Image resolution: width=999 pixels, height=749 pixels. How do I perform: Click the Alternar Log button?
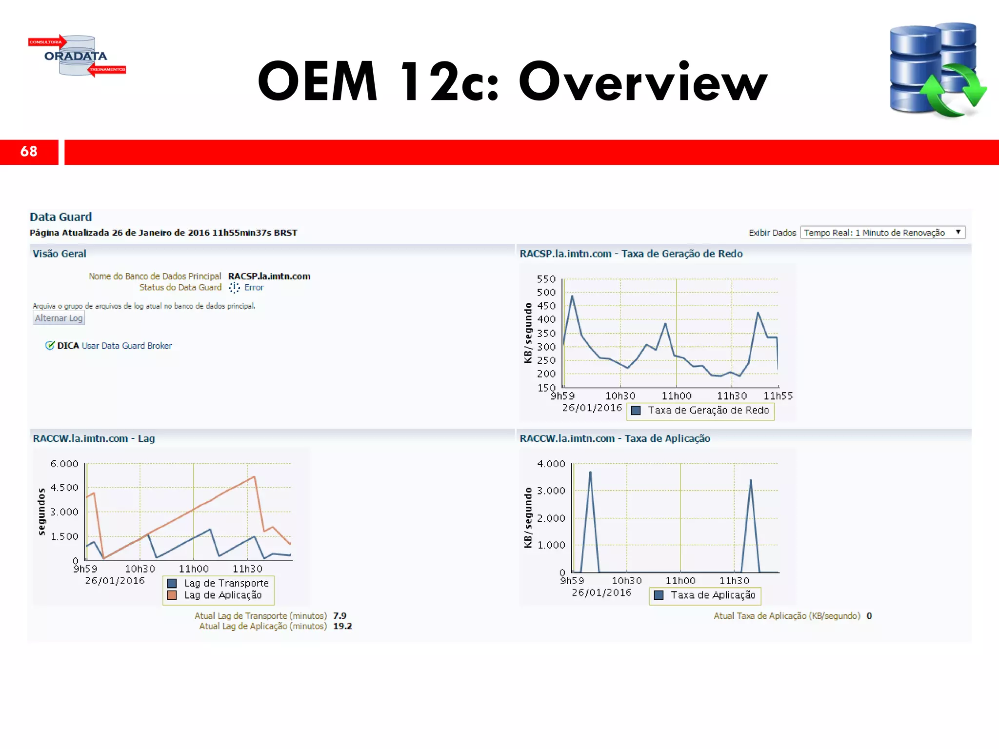pyautogui.click(x=59, y=318)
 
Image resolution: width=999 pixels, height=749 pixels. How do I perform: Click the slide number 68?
pyautogui.click(x=29, y=152)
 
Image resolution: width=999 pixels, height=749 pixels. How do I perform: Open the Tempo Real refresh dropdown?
pyautogui.click(x=882, y=233)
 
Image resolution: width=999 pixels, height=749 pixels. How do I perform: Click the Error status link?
pyautogui.click(x=254, y=288)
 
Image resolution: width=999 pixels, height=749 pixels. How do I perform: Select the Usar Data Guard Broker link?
pyautogui.click(x=127, y=346)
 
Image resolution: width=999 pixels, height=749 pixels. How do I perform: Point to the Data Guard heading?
pyautogui.click(x=60, y=217)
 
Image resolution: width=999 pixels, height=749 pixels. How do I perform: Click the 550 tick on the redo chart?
pyautogui.click(x=546, y=279)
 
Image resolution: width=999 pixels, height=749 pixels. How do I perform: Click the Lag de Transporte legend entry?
pyautogui.click(x=226, y=583)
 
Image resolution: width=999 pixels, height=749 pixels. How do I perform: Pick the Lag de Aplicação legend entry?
pyautogui.click(x=223, y=595)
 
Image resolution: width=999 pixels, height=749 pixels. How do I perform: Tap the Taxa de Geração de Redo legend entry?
pyautogui.click(x=708, y=411)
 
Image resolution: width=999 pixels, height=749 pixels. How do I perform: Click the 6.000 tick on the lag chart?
pyautogui.click(x=64, y=464)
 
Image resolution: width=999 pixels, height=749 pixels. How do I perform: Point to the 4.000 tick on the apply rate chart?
pyautogui.click(x=551, y=464)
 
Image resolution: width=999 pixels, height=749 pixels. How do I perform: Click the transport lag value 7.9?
pyautogui.click(x=340, y=616)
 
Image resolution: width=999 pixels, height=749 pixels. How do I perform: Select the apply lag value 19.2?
pyautogui.click(x=342, y=626)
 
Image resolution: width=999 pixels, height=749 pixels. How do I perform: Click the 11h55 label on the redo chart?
pyautogui.click(x=778, y=396)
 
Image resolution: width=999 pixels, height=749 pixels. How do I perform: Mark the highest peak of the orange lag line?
pyautogui.click(x=254, y=476)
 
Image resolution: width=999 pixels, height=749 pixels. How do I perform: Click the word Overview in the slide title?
pyautogui.click(x=643, y=81)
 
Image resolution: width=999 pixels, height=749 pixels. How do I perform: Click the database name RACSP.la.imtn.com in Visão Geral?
pyautogui.click(x=269, y=276)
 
